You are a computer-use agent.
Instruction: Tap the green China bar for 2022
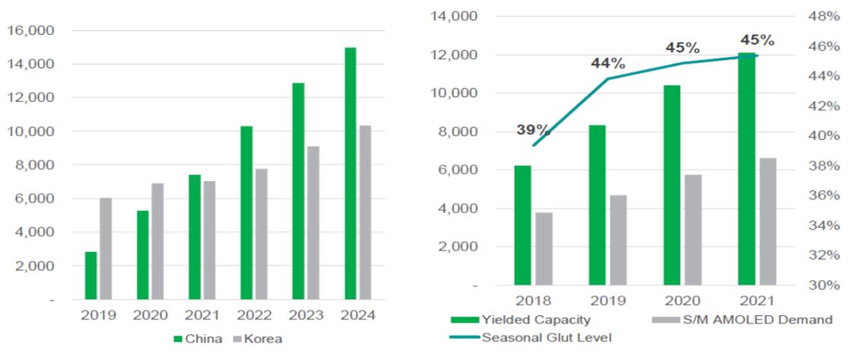coord(247,212)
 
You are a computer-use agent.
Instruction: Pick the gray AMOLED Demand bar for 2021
coord(767,221)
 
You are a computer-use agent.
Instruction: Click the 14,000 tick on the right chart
coord(455,16)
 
